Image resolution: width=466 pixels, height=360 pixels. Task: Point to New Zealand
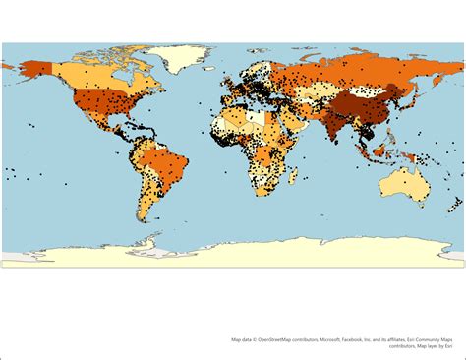coord(455,208)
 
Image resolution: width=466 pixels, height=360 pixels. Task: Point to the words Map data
coord(242,340)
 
